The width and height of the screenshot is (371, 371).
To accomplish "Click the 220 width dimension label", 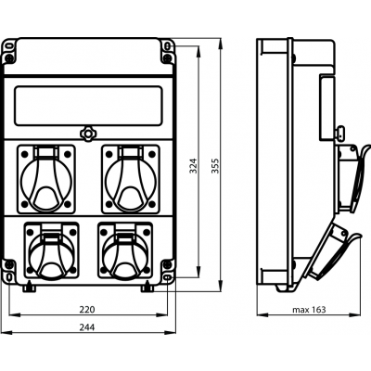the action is click(87, 309).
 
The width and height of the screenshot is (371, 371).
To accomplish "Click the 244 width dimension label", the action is click(87, 327).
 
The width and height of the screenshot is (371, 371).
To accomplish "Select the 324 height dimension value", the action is click(193, 166).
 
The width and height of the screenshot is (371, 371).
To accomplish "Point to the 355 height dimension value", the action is click(215, 166).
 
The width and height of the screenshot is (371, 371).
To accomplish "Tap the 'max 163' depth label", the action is click(309, 310).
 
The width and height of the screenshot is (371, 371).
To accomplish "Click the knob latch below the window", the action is click(88, 134).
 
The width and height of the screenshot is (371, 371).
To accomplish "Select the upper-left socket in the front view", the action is click(46, 179).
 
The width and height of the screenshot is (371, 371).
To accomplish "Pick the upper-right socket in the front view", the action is click(131, 179).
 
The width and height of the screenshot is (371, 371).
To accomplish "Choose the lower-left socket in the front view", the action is click(51, 250).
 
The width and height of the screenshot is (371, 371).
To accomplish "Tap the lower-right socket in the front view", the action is click(125, 250).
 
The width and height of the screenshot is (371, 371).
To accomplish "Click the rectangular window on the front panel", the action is click(88, 106).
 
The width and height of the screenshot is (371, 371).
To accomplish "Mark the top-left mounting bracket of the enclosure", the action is click(9, 51).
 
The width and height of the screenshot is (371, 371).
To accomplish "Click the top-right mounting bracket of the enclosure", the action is click(168, 51).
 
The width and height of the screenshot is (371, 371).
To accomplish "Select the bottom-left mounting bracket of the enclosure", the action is click(9, 271).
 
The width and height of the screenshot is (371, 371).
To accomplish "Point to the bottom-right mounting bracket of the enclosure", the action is click(168, 271).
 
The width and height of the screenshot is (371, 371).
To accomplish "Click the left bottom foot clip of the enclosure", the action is click(30, 288).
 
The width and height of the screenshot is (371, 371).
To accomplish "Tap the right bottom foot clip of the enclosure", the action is click(147, 288).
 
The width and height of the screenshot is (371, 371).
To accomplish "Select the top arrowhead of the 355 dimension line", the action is click(220, 44).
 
